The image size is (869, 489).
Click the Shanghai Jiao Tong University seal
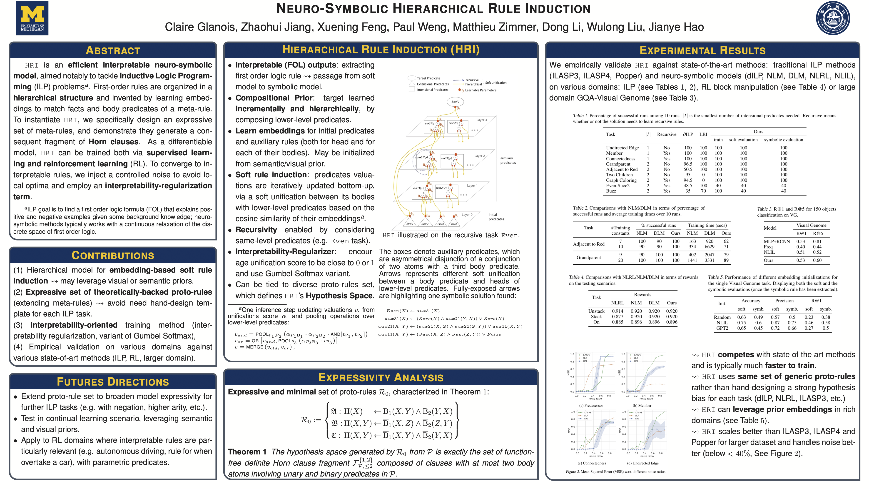(x=833, y=18)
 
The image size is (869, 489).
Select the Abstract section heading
(x=113, y=50)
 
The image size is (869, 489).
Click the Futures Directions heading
(x=113, y=382)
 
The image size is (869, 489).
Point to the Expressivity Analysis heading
(x=381, y=377)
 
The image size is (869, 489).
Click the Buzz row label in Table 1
(x=611, y=191)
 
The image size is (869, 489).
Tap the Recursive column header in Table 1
(x=666, y=134)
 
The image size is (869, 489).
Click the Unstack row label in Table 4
(x=596, y=311)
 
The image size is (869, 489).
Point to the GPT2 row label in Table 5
(x=722, y=328)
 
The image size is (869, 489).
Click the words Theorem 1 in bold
(x=247, y=452)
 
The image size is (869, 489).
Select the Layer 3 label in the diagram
(x=481, y=120)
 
